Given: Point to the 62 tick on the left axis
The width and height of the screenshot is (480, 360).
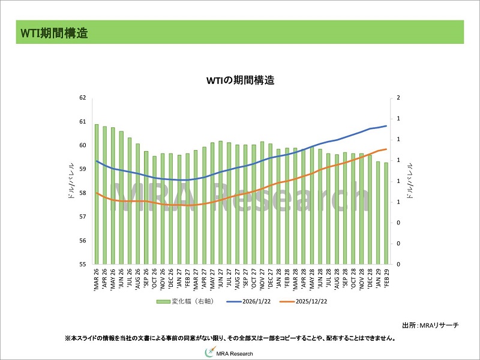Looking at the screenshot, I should pyautogui.click(x=83, y=98).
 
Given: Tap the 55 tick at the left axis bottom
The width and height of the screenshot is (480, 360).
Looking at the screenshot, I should pyautogui.click(x=83, y=265).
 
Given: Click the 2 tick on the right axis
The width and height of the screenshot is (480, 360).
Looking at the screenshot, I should pyautogui.click(x=398, y=98).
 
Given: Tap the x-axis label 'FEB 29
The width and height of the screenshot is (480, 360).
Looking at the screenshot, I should pyautogui.click(x=386, y=278).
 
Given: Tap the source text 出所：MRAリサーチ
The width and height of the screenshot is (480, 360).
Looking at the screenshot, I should pyautogui.click(x=431, y=325).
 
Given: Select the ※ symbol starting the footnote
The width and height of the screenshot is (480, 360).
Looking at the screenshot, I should pyautogui.click(x=68, y=338).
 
